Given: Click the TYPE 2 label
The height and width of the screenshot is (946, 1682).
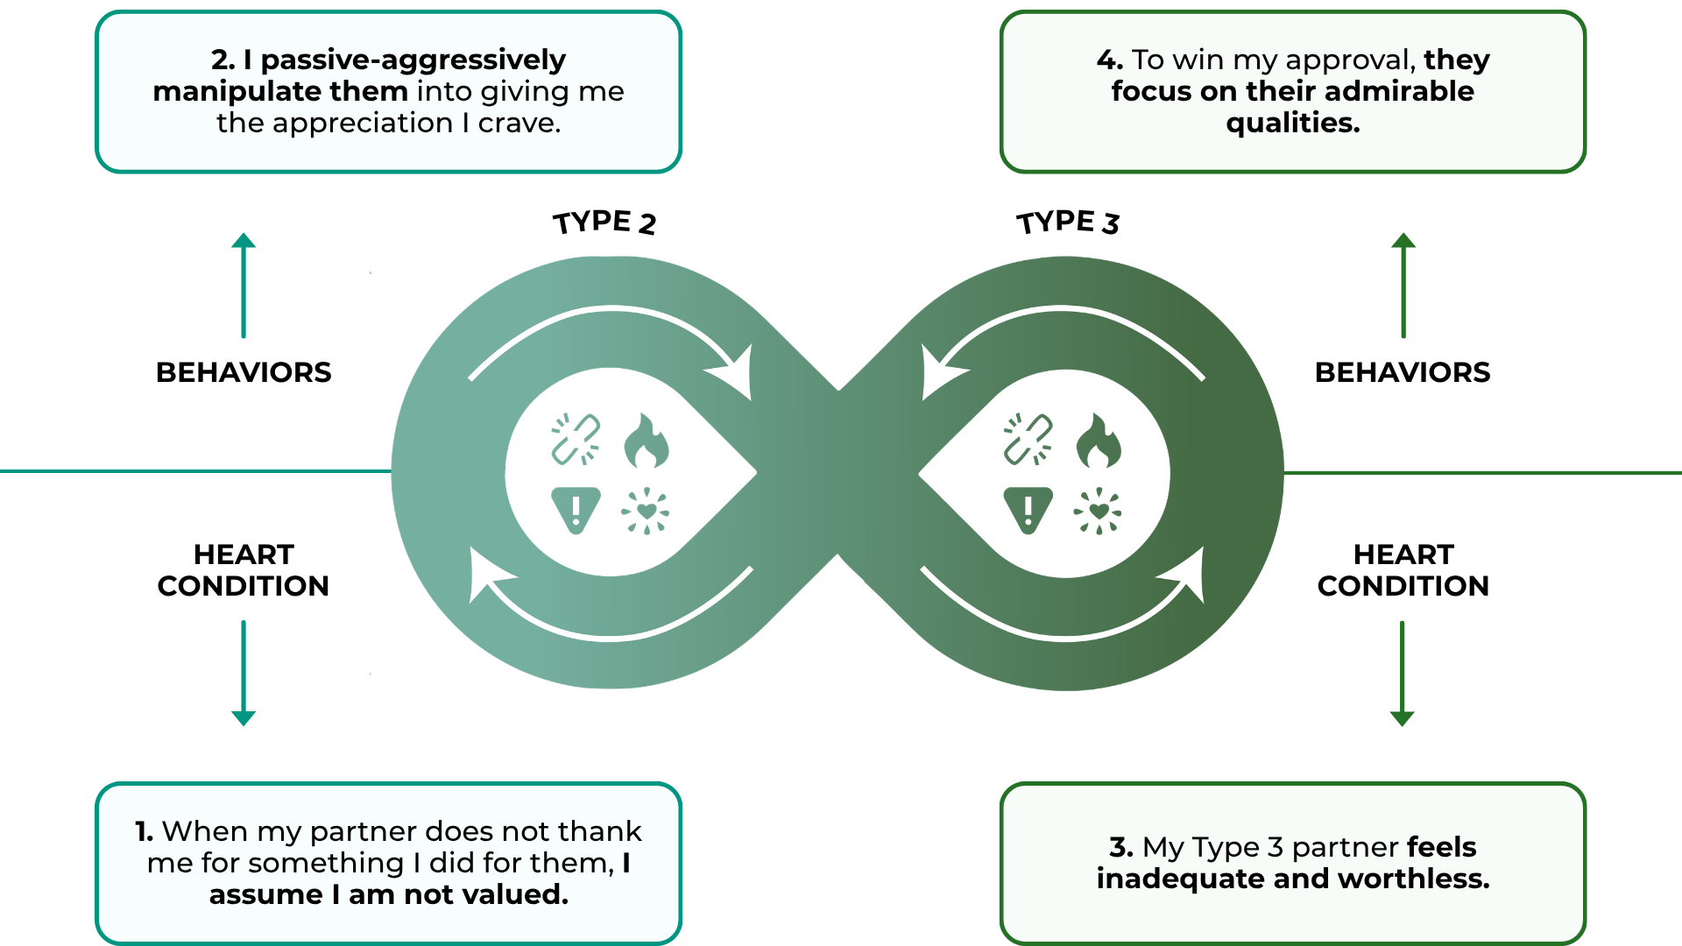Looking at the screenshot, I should coord(604,222).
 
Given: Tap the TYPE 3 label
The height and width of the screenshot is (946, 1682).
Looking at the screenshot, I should coord(1067,222).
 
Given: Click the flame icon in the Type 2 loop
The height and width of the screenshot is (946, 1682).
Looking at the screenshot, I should coord(646,441).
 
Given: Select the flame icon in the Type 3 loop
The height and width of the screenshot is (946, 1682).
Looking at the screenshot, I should coord(1098,441).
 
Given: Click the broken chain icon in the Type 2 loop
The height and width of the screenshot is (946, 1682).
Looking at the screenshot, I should coord(576,439).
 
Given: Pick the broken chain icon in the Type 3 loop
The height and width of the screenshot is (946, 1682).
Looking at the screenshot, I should coord(1028,439).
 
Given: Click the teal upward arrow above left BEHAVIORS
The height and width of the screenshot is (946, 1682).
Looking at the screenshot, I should coord(244,286).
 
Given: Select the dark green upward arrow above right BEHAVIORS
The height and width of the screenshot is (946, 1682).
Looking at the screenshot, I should coord(1403,286).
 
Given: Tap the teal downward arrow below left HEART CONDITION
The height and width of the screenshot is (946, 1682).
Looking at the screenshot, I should coord(244,673).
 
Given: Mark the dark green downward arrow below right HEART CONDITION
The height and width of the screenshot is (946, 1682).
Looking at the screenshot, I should coord(1403,673).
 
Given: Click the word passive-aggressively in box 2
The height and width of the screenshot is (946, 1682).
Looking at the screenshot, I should coord(413,60).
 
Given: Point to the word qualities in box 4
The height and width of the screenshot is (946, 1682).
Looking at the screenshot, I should coord(1292,123).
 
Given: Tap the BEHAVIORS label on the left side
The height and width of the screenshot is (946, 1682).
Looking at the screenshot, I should coord(244,372).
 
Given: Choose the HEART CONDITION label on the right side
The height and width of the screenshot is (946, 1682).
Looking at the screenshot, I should coord(1403,570).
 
